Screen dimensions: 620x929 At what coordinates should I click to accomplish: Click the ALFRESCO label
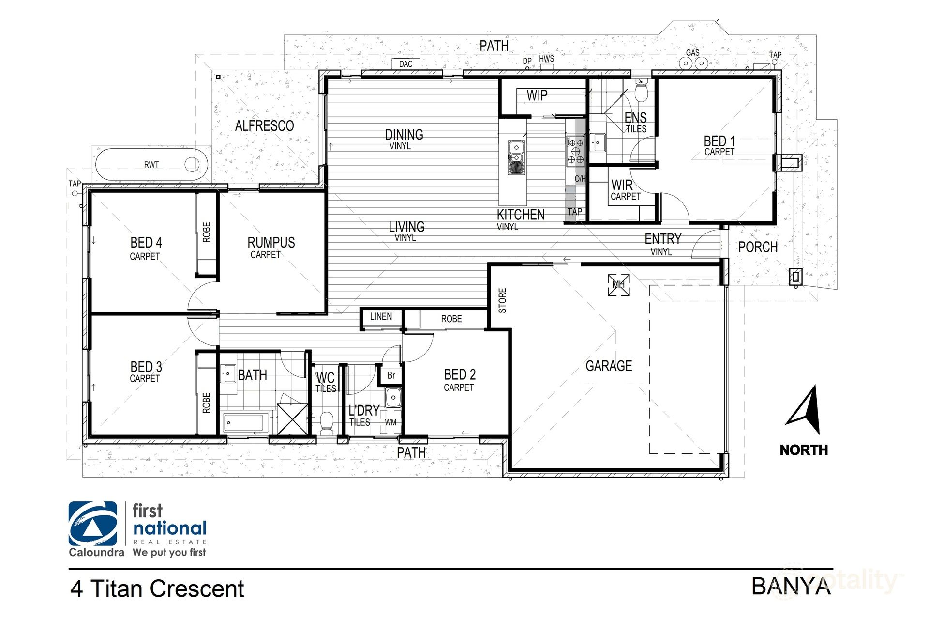click(x=264, y=126)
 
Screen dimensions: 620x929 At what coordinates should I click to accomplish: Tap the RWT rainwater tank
click(x=151, y=165)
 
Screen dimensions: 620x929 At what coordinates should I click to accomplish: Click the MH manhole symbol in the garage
click(x=618, y=285)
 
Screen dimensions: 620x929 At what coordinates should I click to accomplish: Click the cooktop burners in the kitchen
click(x=576, y=151)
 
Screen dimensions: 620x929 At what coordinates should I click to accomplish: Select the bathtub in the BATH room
click(x=246, y=423)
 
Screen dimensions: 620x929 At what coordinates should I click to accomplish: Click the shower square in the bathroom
click(x=292, y=419)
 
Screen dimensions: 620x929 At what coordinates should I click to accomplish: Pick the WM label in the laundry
click(x=390, y=422)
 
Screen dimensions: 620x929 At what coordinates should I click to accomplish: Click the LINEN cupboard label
click(x=381, y=317)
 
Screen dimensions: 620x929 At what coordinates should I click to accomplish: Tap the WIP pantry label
click(x=537, y=95)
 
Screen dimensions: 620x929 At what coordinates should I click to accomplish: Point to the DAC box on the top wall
click(x=405, y=64)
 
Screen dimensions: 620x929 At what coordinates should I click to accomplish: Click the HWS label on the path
click(x=546, y=59)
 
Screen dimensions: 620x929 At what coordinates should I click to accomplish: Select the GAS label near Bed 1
click(x=692, y=52)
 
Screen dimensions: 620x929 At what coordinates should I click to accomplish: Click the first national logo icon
click(x=93, y=524)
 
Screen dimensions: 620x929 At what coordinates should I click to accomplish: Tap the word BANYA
click(x=791, y=587)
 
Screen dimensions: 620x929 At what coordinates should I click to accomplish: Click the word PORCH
click(x=758, y=247)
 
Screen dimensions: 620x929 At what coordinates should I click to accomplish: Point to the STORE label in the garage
click(x=502, y=300)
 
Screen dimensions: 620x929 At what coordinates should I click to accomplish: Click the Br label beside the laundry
click(x=391, y=375)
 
